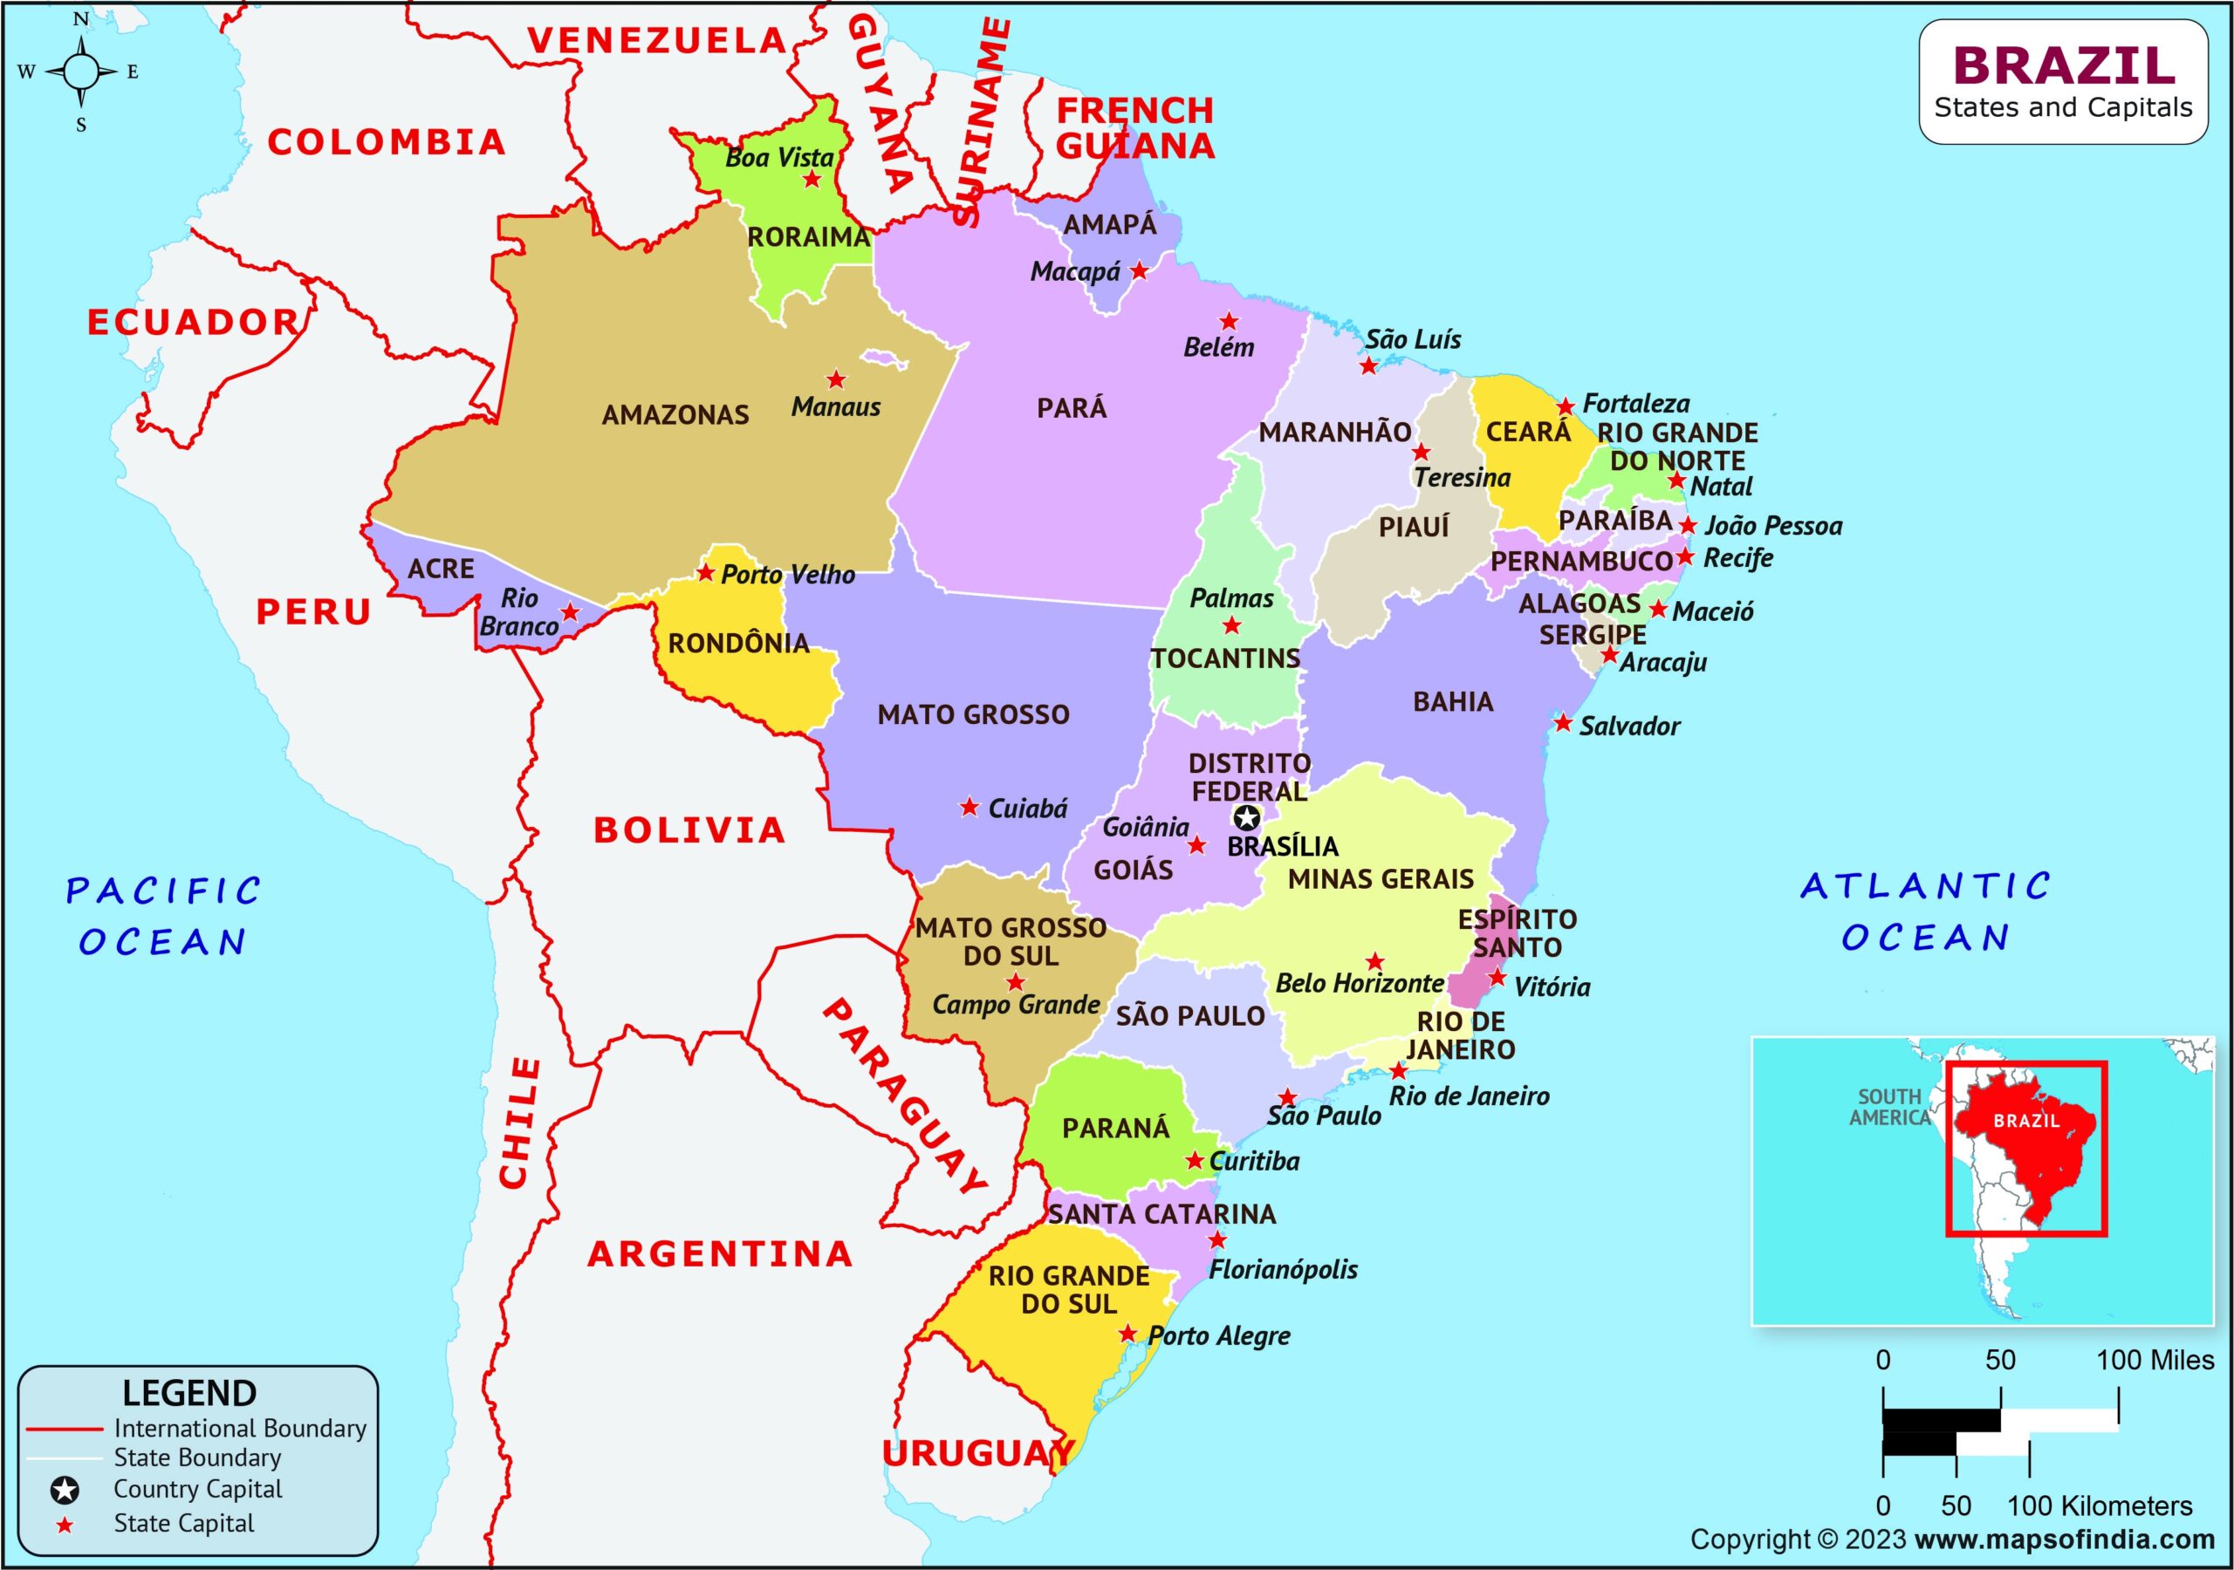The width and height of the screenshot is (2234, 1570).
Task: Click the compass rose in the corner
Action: click(x=82, y=71)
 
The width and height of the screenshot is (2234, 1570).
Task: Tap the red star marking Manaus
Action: click(x=836, y=379)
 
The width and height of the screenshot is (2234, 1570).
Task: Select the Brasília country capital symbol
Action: click(x=1247, y=818)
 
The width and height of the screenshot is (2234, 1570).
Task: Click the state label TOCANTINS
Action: click(x=1226, y=659)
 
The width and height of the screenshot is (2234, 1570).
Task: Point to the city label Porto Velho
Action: click(x=787, y=575)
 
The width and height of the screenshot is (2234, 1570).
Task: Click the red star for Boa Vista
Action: click(x=812, y=180)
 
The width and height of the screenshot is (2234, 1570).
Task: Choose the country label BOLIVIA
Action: click(x=689, y=830)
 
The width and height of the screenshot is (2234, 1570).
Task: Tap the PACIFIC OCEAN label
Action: click(x=162, y=915)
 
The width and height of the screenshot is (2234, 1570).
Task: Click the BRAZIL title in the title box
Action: click(x=2063, y=66)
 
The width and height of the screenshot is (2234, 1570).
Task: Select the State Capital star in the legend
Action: click(x=65, y=1526)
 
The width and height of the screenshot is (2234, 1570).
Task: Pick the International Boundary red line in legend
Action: click(x=65, y=1429)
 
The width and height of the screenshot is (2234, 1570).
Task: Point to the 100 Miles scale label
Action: click(x=2155, y=1360)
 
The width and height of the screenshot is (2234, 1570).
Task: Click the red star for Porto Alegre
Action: click(x=1127, y=1334)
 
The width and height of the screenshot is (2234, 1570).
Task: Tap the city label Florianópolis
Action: click(x=1283, y=1269)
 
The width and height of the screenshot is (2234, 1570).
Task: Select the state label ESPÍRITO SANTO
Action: click(x=1517, y=933)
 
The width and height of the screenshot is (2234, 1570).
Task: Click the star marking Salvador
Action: click(x=1563, y=724)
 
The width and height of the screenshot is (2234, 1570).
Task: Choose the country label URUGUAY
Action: click(x=977, y=1453)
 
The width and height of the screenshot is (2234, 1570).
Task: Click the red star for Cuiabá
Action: click(x=970, y=808)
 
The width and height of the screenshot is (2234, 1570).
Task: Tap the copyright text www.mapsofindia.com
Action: click(x=2065, y=1539)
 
